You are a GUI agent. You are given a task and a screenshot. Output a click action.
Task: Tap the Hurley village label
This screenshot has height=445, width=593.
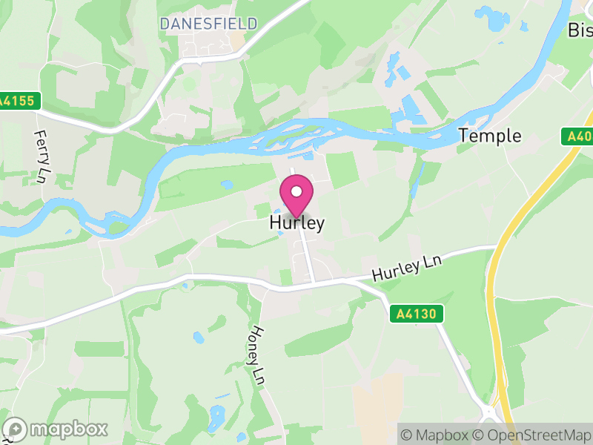pyautogui.click(x=296, y=223)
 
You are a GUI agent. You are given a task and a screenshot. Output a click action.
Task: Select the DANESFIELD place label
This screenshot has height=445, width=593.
pyautogui.click(x=208, y=24)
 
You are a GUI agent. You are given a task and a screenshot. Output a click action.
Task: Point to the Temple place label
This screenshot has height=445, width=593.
pyautogui.click(x=490, y=136)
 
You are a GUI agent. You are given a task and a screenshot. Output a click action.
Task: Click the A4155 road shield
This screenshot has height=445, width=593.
pyautogui.click(x=19, y=101)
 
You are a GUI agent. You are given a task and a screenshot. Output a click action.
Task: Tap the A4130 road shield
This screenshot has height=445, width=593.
pyautogui.click(x=417, y=314)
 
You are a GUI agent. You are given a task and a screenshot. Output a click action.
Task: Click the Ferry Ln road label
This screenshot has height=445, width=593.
pyautogui.click(x=41, y=156)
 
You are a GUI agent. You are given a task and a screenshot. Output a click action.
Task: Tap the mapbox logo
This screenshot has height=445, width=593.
pyautogui.click(x=56, y=429)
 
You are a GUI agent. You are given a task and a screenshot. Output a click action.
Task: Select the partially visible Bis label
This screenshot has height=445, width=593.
pyautogui.click(x=580, y=30)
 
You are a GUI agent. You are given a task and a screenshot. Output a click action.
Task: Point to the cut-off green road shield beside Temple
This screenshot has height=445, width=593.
pyautogui.click(x=577, y=136)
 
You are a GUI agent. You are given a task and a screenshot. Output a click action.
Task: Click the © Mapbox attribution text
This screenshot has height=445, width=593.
pyautogui.click(x=436, y=434)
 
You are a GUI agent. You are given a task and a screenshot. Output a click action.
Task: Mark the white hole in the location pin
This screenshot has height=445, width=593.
pyautogui.click(x=296, y=192)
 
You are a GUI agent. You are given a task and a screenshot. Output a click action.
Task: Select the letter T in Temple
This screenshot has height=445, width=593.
pyautogui.click(x=464, y=136)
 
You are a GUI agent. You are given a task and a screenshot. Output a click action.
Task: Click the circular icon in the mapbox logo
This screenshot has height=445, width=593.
pyautogui.click(x=15, y=429)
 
